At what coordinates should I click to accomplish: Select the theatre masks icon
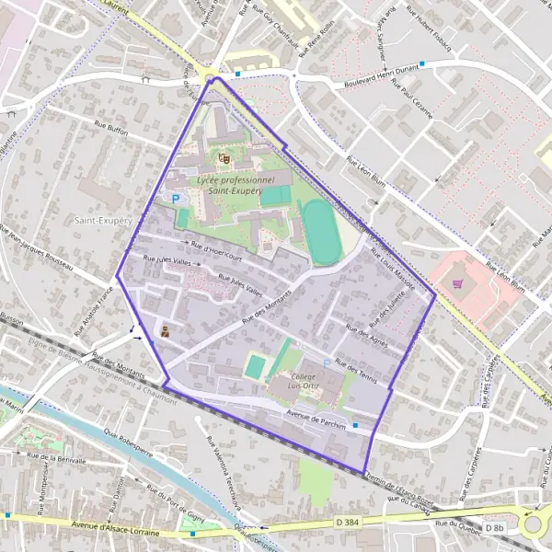[x=224, y=157]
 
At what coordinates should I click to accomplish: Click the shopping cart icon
[x=457, y=283]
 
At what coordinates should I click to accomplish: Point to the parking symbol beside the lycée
[x=174, y=198]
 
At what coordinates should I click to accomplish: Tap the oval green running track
[x=322, y=231]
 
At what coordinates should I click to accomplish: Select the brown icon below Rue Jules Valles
[x=165, y=332]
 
